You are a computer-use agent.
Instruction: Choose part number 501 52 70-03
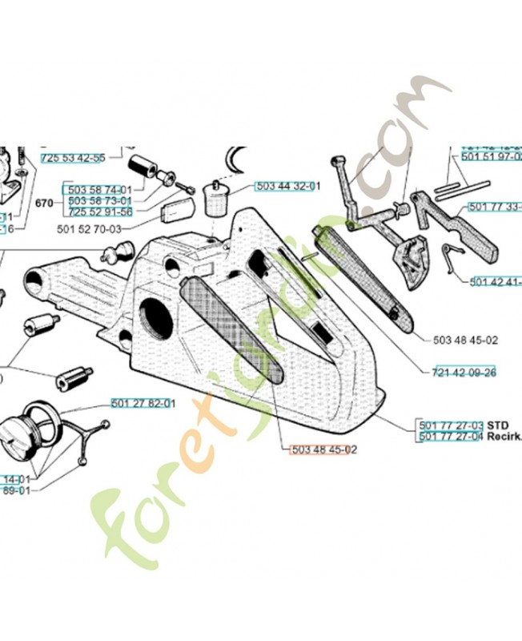pyautogui.click(x=91, y=229)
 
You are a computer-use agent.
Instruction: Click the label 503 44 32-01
pyautogui.click(x=287, y=186)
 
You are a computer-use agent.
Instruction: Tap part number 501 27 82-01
pyautogui.click(x=143, y=403)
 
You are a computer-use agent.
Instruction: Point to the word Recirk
pyautogui.click(x=504, y=437)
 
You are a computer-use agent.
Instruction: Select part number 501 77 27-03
pyautogui.click(x=451, y=425)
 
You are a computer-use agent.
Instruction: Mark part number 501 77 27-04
pyautogui.click(x=451, y=437)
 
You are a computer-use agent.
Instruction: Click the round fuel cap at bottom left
pyautogui.click(x=28, y=437)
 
